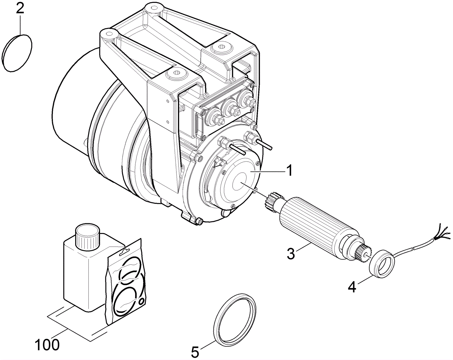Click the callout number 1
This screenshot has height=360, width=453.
pyautogui.click(x=289, y=171)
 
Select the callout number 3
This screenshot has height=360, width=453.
pyautogui.click(x=291, y=253)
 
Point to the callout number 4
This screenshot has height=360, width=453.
pyautogui.click(x=352, y=287)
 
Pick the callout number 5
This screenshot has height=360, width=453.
pyautogui.click(x=195, y=352)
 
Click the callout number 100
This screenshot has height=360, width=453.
pyautogui.click(x=47, y=344)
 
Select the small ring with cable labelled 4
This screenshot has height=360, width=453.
pyautogui.click(x=381, y=263)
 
